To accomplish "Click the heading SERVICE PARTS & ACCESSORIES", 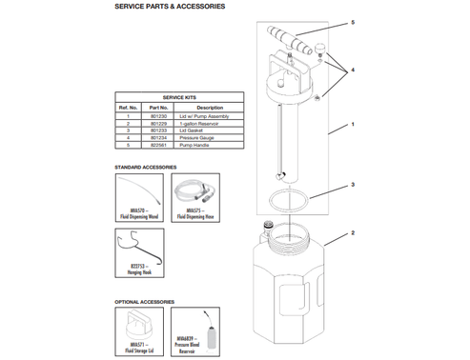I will click(170, 7).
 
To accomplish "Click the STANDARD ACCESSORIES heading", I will click(146, 168).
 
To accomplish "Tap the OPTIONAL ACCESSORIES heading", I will click(145, 302).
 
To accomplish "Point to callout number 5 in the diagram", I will click(351, 22).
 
